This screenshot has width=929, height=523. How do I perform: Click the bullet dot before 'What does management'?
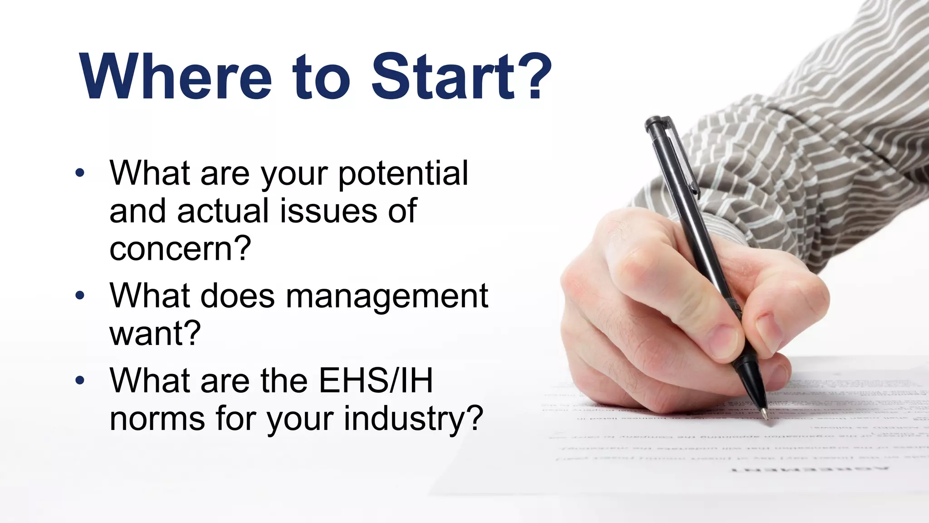pos(80,296)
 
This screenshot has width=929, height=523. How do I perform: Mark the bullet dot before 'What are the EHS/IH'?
pos(80,380)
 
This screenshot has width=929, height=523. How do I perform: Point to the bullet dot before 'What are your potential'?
pos(80,173)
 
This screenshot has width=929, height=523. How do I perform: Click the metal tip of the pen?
pos(765,414)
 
